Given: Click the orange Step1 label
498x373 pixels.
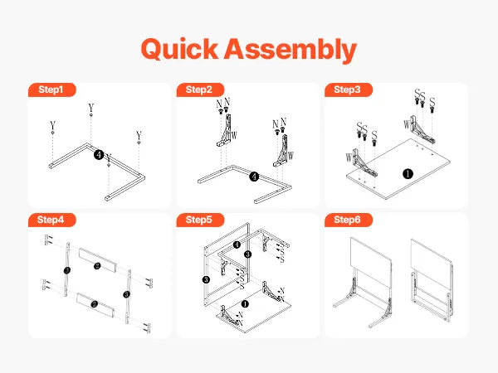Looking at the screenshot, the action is click(x=52, y=90).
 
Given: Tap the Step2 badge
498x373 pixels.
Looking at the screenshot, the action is click(x=200, y=90).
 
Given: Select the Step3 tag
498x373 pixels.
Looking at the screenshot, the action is click(x=349, y=90).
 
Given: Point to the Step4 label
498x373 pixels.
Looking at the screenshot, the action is click(x=52, y=220).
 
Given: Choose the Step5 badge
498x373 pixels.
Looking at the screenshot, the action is click(x=200, y=220).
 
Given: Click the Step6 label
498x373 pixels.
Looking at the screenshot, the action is click(x=349, y=220).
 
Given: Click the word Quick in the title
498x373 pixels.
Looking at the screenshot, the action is click(x=179, y=49).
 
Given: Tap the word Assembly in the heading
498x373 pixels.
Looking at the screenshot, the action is click(x=290, y=50).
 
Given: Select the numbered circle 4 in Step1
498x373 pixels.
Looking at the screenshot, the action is click(x=99, y=155).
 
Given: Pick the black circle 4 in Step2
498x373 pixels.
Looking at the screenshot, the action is click(x=254, y=177).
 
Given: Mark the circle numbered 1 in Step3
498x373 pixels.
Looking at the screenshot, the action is click(x=408, y=173).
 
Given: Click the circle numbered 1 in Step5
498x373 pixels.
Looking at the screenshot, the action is click(x=245, y=304).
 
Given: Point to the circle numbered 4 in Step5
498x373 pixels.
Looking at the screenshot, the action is click(x=237, y=245).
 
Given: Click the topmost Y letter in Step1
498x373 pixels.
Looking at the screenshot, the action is click(x=91, y=108).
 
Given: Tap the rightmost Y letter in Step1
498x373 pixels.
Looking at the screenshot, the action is click(x=139, y=135).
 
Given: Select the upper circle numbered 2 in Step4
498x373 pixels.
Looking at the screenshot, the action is click(x=97, y=266).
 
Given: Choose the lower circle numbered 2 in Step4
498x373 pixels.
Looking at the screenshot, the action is click(x=94, y=304).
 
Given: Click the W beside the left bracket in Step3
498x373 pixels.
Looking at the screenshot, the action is click(x=349, y=157).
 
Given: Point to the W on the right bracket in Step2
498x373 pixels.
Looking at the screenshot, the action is click(x=290, y=156).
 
